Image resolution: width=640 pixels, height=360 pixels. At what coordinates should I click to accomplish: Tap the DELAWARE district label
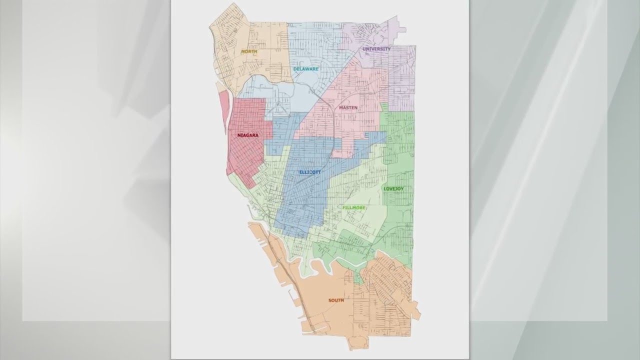pyautogui.click(x=306, y=68)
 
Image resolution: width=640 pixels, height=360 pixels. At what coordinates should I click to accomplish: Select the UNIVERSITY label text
pyautogui.click(x=376, y=49)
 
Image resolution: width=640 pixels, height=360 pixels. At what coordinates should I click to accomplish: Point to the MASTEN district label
pyautogui.click(x=348, y=107)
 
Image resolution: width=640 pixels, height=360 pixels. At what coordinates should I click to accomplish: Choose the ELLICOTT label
pyautogui.click(x=310, y=172)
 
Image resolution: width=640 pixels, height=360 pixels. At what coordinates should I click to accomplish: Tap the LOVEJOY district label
pyautogui.click(x=393, y=188)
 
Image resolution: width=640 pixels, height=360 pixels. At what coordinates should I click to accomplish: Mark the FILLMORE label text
pyautogui.click(x=354, y=207)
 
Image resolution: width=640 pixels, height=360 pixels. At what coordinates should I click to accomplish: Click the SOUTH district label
pyautogui.click(x=336, y=300)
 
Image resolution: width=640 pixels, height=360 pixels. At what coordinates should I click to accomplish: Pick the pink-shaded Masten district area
pyautogui.click(x=350, y=125)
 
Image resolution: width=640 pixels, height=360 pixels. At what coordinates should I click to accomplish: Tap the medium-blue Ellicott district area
pyautogui.click(x=300, y=200)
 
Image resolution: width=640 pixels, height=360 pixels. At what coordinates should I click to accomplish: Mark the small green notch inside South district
pyautogui.click(x=358, y=277)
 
